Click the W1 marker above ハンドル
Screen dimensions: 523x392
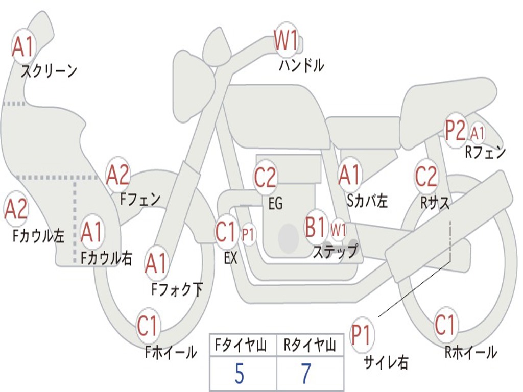286,40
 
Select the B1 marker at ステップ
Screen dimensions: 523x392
316,227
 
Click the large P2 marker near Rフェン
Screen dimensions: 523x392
455,130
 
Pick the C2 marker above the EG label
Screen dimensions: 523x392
266,177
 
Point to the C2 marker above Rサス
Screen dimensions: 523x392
426,176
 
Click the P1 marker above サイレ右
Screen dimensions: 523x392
362,334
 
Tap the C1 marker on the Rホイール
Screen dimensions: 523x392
445,324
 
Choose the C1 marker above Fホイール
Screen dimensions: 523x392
148,325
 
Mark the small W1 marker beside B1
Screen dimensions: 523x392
338,230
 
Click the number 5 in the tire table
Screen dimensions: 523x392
240,374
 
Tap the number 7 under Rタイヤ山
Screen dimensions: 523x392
306,374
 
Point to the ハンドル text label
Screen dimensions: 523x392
301,65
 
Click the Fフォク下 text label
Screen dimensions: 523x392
177,289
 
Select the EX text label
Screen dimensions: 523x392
231,258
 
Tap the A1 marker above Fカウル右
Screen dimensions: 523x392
92,232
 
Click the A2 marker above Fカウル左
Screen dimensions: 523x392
16,209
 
